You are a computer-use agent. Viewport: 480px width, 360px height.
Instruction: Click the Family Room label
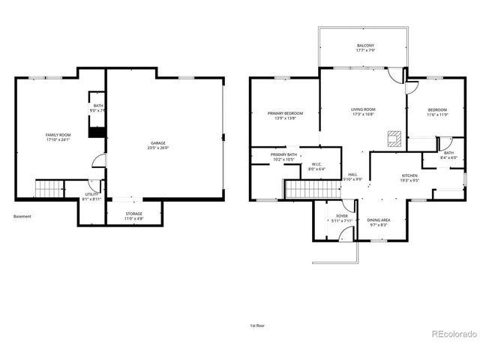pyautogui.click(x=58, y=134)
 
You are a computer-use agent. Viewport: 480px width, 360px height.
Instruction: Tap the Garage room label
pyautogui.click(x=157, y=142)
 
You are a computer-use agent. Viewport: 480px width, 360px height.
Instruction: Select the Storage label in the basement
pyautogui.click(x=133, y=214)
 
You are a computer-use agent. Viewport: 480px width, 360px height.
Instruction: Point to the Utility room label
pyautogui.click(x=91, y=193)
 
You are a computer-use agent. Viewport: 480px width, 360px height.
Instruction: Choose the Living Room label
pyautogui.click(x=363, y=109)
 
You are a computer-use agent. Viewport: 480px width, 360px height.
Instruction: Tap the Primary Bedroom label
pyautogui.click(x=285, y=113)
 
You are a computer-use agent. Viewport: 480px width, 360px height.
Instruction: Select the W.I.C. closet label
pyautogui.click(x=316, y=166)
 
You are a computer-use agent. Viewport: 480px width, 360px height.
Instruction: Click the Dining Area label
pyautogui.click(x=378, y=220)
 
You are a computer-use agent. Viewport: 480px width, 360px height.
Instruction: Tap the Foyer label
pyautogui.click(x=341, y=215)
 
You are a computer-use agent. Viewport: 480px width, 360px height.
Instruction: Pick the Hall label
pyautogui.click(x=352, y=175)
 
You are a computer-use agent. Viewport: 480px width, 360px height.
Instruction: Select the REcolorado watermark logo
pyautogui.click(x=452, y=333)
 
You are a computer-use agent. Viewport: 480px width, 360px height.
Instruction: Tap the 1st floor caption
pyautogui.click(x=257, y=325)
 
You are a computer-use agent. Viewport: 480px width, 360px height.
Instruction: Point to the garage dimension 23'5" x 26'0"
pyautogui.click(x=157, y=147)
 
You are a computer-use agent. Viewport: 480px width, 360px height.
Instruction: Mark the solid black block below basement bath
pyautogui.click(x=95, y=132)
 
